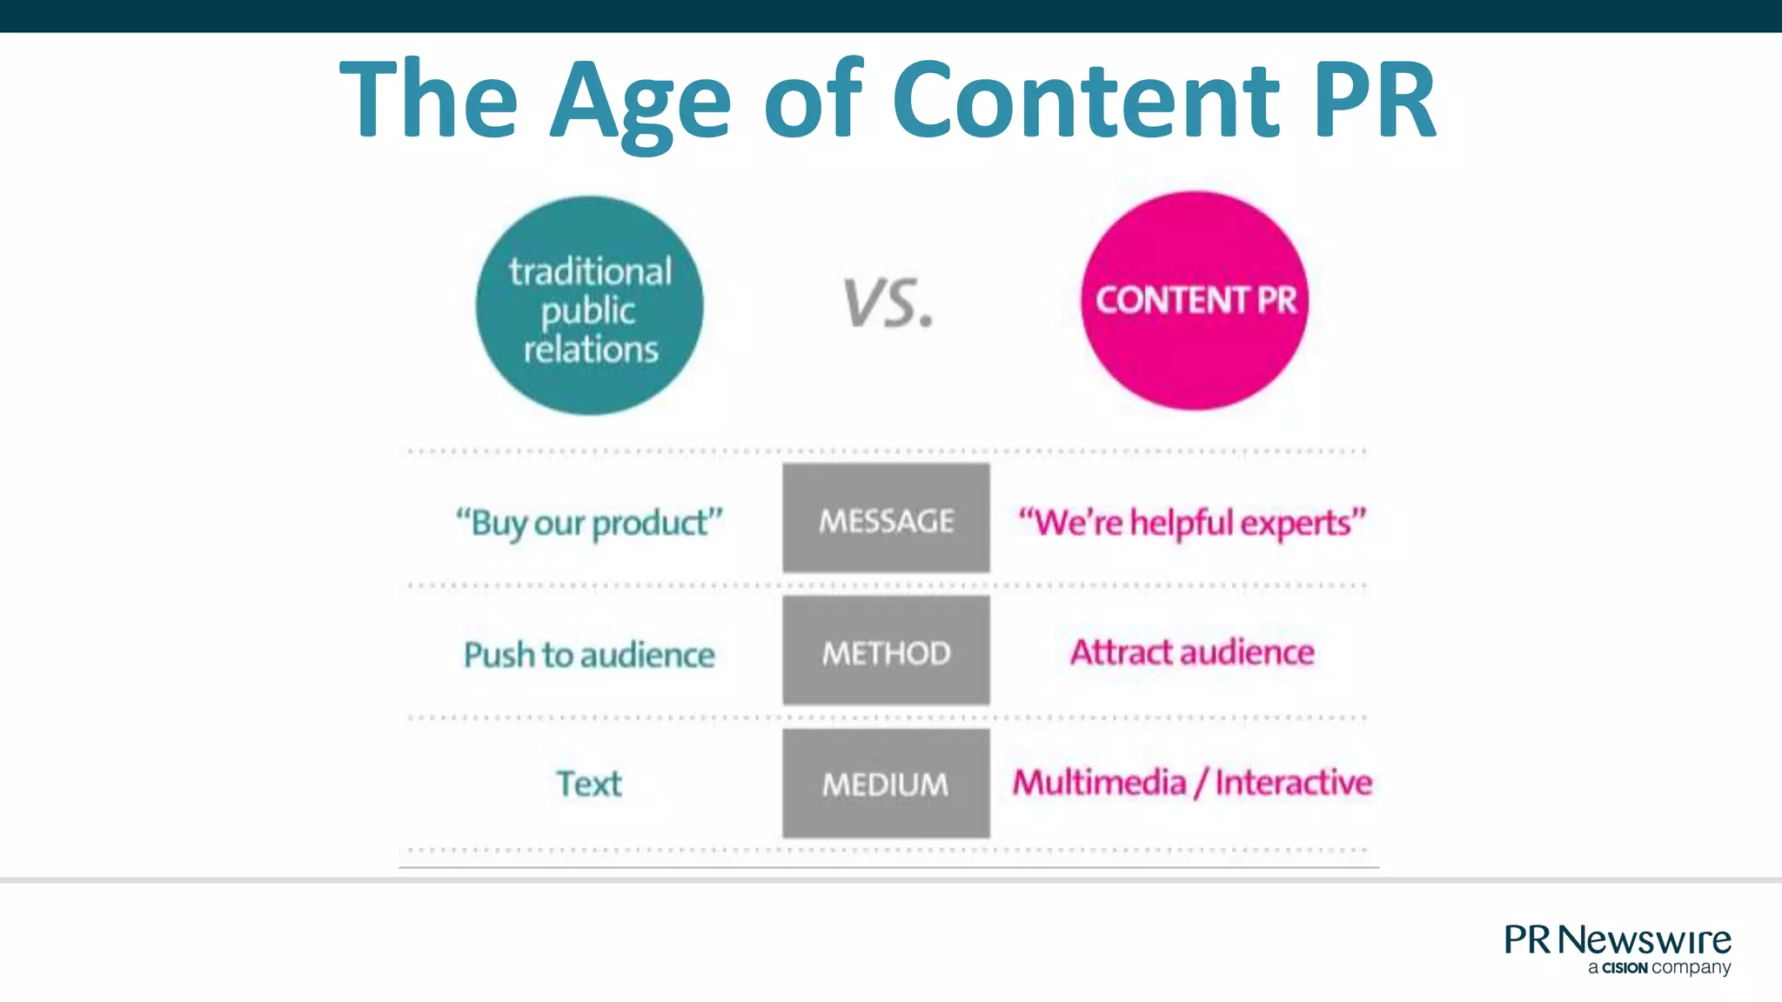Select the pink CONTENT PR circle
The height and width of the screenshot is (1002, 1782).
pyautogui.click(x=1195, y=300)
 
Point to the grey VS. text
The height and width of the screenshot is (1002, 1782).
pyautogui.click(x=888, y=304)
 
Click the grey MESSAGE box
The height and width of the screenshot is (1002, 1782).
pyautogui.click(x=886, y=518)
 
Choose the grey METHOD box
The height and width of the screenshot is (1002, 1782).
pyautogui.click(x=886, y=651)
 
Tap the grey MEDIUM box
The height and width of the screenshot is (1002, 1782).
pyautogui.click(x=886, y=784)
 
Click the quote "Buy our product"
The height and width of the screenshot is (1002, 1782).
pyautogui.click(x=589, y=523)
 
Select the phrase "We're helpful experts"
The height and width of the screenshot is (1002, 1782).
pyautogui.click(x=1192, y=523)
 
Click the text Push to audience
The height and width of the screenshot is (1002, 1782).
pyautogui.click(x=589, y=655)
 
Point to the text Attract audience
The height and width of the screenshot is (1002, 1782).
pyautogui.click(x=1192, y=652)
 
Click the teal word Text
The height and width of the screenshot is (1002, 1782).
pyautogui.click(x=589, y=784)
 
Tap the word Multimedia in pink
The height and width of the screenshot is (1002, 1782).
pyautogui.click(x=1099, y=783)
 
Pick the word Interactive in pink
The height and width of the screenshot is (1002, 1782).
pyautogui.click(x=1293, y=783)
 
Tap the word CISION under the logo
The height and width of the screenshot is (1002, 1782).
pyautogui.click(x=1625, y=968)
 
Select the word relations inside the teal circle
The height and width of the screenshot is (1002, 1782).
pyautogui.click(x=591, y=350)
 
